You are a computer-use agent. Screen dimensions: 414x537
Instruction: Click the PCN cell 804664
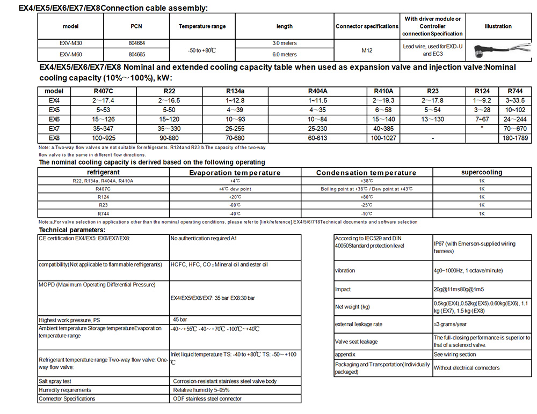[x=137, y=42]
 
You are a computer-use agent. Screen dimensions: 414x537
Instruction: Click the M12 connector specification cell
[x=367, y=50]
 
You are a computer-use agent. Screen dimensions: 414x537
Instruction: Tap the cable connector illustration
[x=497, y=49]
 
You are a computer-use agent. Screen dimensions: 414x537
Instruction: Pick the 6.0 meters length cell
[x=284, y=54]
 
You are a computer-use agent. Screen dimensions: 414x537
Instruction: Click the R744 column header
[x=511, y=91]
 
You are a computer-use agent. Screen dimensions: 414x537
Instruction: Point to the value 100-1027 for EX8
[x=383, y=138]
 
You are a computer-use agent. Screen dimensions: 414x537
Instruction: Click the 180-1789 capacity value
[x=511, y=138]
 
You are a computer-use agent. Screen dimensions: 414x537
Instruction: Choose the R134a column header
[x=235, y=91]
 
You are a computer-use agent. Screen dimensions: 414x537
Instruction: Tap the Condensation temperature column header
[x=366, y=173]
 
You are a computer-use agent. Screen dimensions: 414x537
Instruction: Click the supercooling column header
[x=482, y=173]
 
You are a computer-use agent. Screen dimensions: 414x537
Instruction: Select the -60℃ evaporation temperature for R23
[x=235, y=205]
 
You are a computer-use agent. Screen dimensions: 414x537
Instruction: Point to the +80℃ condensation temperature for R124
[x=366, y=197]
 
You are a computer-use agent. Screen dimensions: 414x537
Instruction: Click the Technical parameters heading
[x=68, y=230]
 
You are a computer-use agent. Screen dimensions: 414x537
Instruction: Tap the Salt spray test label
[x=55, y=381]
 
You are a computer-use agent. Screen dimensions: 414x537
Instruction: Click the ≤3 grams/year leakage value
[x=449, y=324]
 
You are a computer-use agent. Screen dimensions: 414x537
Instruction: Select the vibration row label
[x=345, y=271]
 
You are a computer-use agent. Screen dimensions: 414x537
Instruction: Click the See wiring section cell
[x=455, y=354]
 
